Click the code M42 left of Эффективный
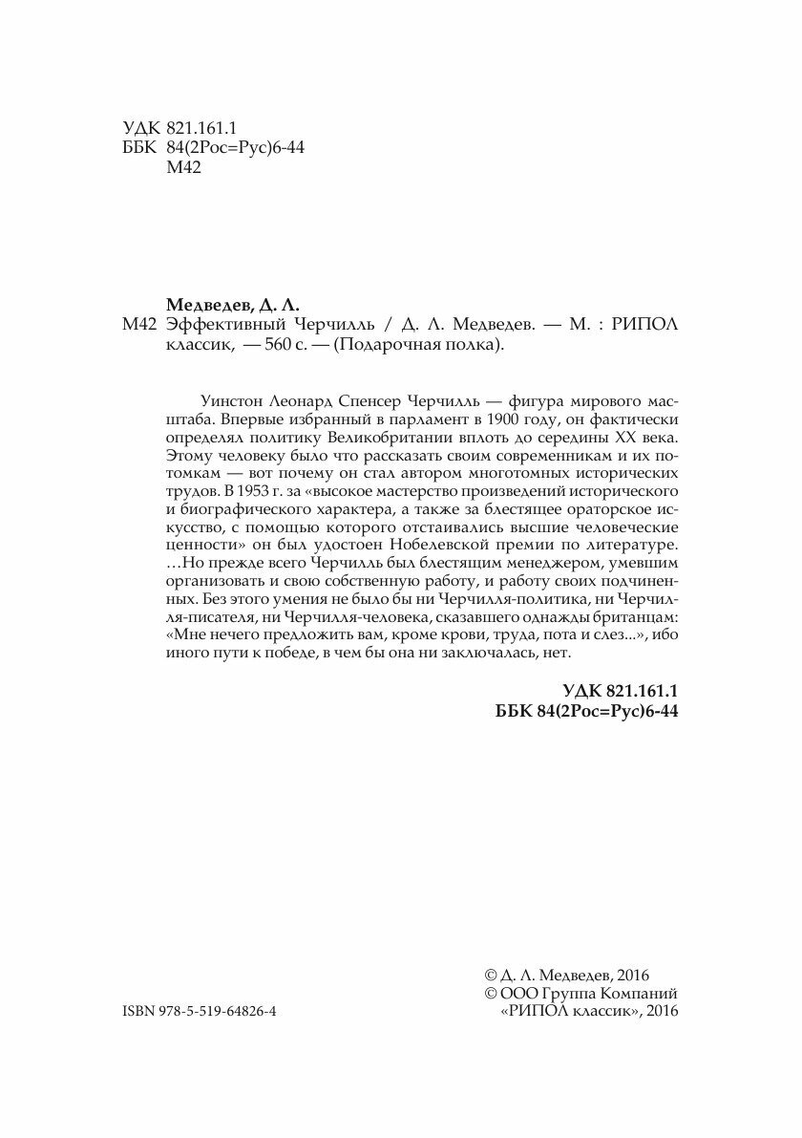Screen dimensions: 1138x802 click(x=139, y=326)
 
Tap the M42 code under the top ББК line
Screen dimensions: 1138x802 click(x=183, y=168)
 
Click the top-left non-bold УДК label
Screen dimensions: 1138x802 click(x=140, y=127)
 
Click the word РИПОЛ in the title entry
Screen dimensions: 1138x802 click(x=645, y=326)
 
